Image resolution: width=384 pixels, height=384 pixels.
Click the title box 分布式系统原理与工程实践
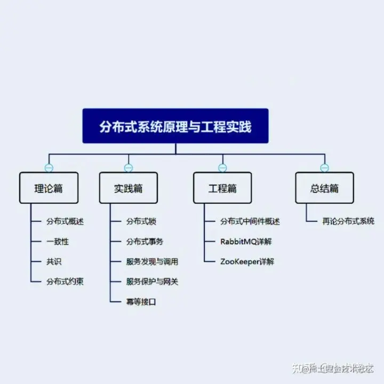coord(175,126)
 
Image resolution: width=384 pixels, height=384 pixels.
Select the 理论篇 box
coord(49,188)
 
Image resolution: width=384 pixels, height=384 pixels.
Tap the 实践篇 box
coord(129,188)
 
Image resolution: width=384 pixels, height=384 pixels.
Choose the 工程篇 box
coord(222,188)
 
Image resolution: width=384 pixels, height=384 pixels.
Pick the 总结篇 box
coord(324,188)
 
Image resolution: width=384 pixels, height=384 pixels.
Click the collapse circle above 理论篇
coord(49,168)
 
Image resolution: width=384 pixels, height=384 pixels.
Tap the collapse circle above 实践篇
coord(129,168)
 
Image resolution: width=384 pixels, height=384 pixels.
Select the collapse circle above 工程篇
coord(222,168)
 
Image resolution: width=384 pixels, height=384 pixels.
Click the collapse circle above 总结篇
coord(324,168)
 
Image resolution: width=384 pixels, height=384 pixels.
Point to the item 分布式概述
coord(65,221)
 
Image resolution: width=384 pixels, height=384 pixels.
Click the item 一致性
coord(58,242)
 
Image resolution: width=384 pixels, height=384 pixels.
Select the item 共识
coord(54,262)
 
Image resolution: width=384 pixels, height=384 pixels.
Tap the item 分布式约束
coord(65,282)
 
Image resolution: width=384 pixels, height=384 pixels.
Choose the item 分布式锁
coord(141,221)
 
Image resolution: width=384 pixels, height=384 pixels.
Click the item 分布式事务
coord(145,242)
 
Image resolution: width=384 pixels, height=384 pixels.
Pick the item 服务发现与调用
coord(152,262)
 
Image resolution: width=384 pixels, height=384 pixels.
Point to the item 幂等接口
coord(141,302)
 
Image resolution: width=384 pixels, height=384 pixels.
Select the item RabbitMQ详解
coord(246,242)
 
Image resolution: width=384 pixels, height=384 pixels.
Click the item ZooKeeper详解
coord(247,262)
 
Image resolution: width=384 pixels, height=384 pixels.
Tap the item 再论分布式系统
coord(348,221)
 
